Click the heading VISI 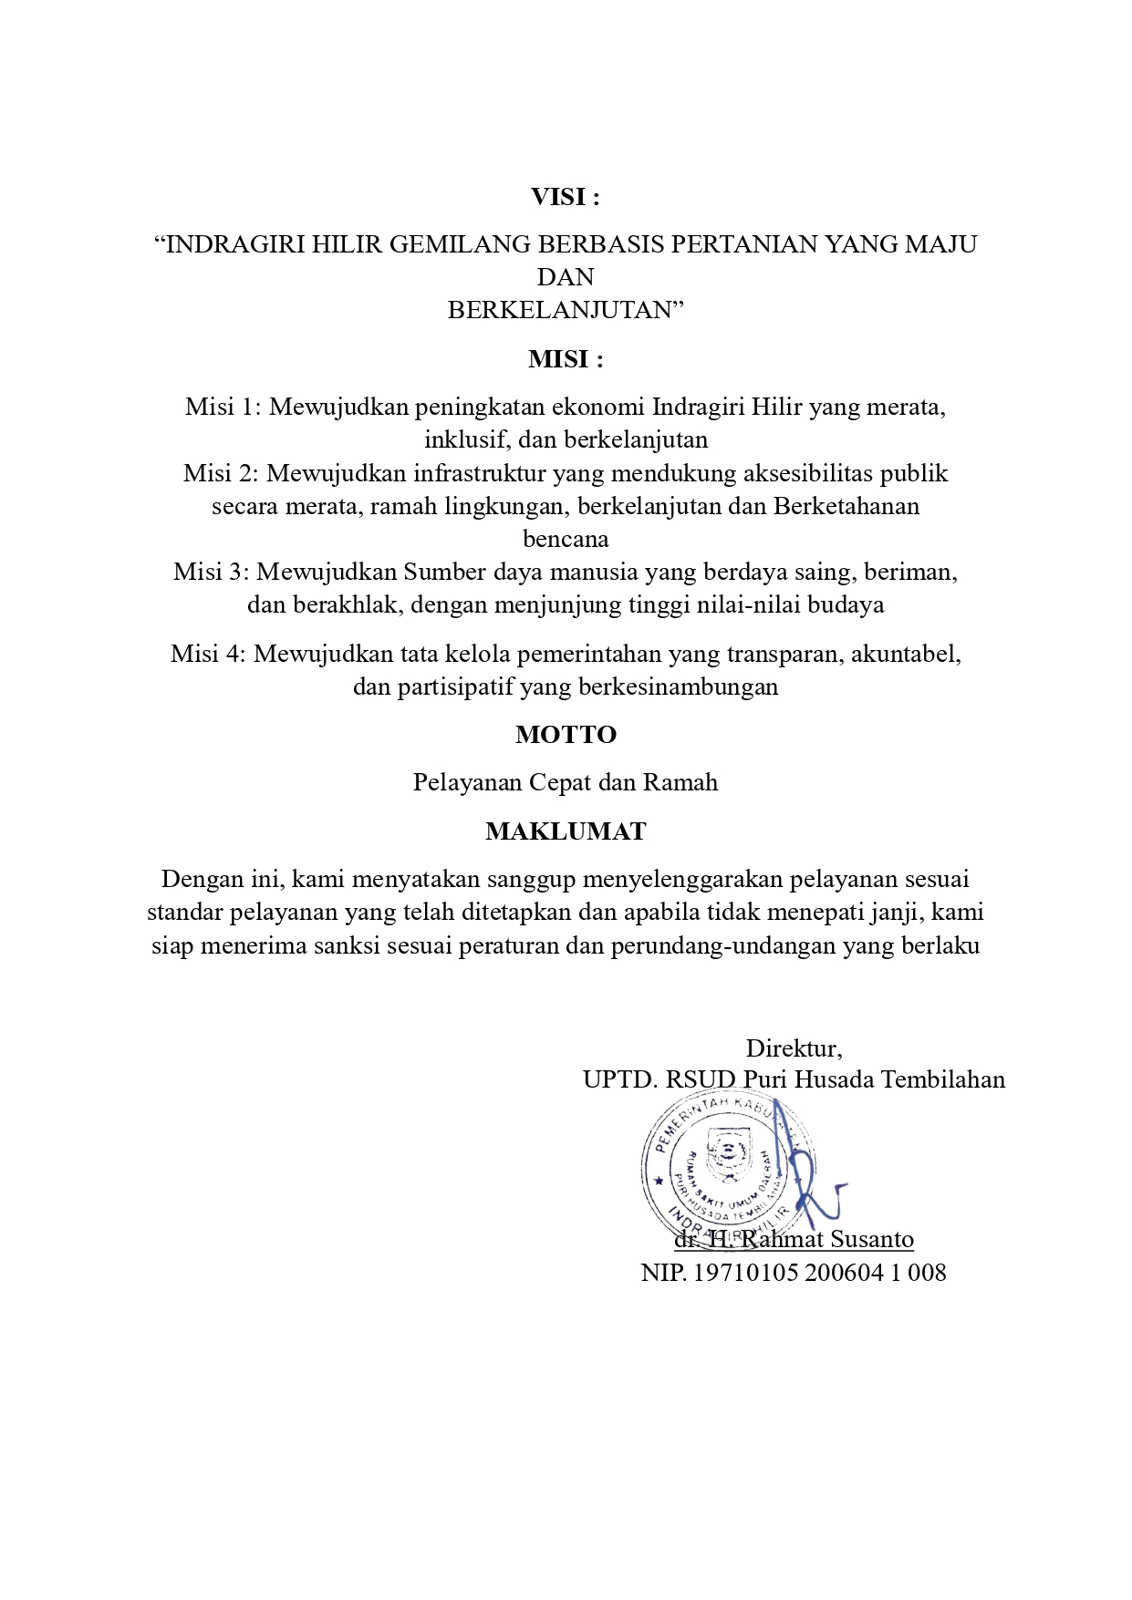point(566,197)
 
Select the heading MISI point(566,359)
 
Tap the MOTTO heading point(566,735)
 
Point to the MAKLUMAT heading point(566,831)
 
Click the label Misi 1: point(223,407)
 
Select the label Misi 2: point(221,473)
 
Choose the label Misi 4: point(208,654)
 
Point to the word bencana point(566,539)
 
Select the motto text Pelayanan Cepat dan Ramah point(566,782)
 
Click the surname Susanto point(872,1239)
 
